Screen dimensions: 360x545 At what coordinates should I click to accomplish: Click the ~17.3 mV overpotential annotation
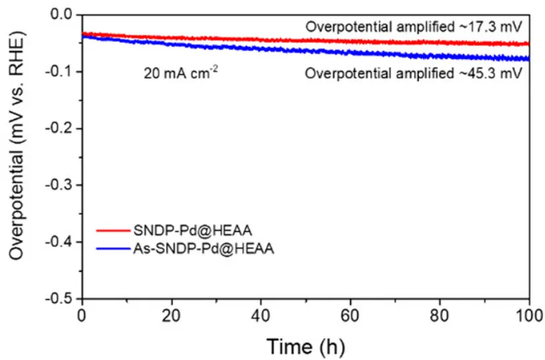(x=414, y=27)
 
